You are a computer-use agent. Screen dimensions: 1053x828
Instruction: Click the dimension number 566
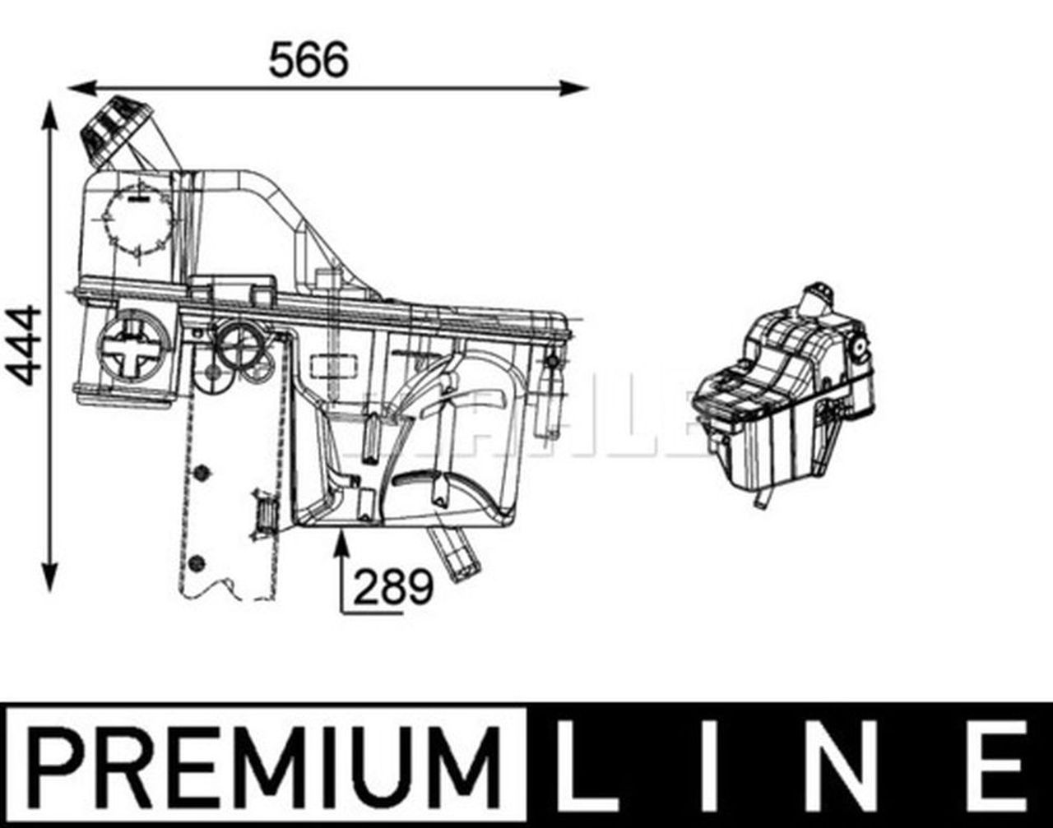click(x=308, y=60)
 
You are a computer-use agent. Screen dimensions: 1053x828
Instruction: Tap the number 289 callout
click(x=393, y=586)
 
